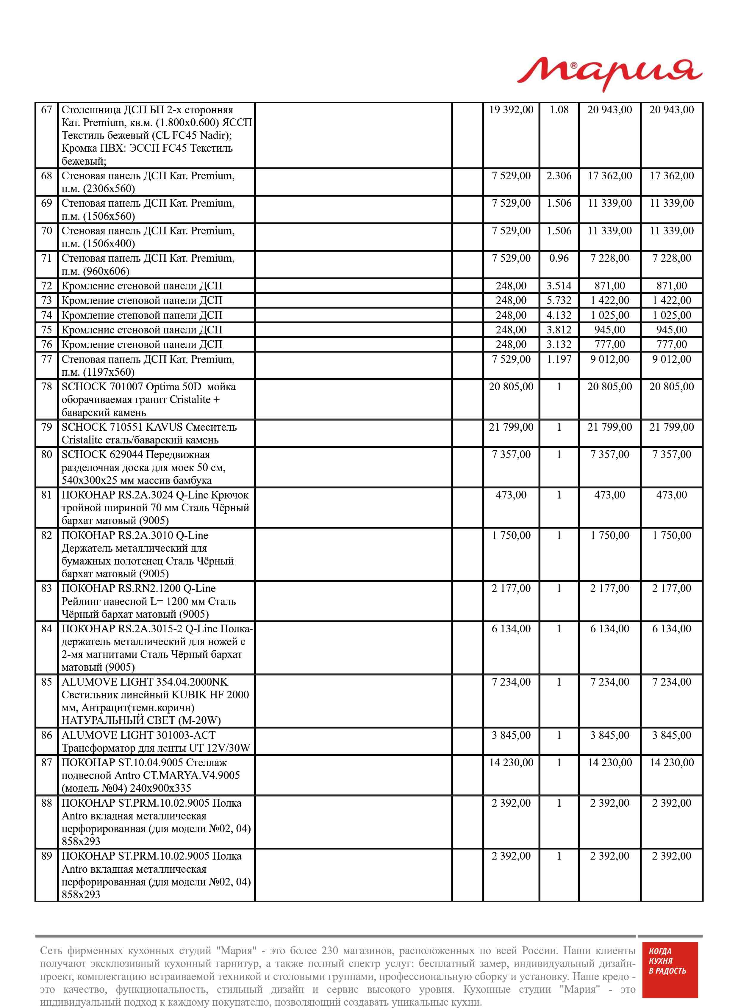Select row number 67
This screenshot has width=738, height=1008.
[46, 110]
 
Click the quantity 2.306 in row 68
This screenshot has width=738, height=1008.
[559, 176]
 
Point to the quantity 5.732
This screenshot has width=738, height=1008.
[559, 300]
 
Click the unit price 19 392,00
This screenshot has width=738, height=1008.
[511, 110]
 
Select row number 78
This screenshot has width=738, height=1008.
[46, 387]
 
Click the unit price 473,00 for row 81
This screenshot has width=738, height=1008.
[511, 495]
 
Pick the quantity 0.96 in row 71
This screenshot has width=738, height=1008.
[559, 258]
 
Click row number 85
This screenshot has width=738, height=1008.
[46, 682]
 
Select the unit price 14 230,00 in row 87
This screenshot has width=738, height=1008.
[511, 763]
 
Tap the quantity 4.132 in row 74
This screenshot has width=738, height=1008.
[559, 315]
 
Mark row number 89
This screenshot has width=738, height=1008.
[46, 856]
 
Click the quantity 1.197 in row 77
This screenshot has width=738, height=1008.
[559, 359]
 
